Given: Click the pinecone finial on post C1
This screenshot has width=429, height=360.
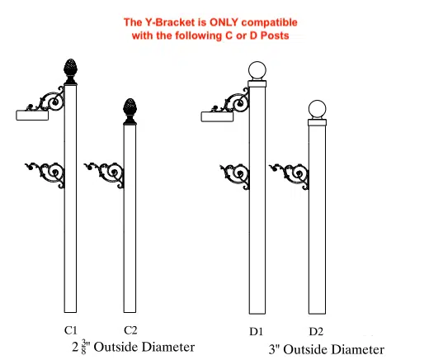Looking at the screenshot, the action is click(x=70, y=71).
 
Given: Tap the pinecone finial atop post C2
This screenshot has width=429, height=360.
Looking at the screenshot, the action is click(x=130, y=111).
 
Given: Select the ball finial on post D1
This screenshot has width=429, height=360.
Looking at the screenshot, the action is click(x=257, y=70).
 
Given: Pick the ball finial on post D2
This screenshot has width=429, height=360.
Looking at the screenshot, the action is click(x=317, y=109).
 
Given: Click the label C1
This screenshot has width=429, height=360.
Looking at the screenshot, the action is click(x=71, y=330).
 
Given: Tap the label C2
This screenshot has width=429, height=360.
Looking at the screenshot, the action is click(x=130, y=330).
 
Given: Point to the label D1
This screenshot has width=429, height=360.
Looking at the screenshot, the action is click(x=256, y=331).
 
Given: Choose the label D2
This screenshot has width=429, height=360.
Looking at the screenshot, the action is click(x=316, y=331).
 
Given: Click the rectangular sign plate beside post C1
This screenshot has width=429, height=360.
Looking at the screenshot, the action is click(x=32, y=116).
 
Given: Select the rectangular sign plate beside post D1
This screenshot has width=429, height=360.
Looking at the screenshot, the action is click(x=217, y=116).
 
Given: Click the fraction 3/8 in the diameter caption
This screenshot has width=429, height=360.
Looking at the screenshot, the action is click(x=84, y=347).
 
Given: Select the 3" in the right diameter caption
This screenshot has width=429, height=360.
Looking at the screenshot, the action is click(x=275, y=349).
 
